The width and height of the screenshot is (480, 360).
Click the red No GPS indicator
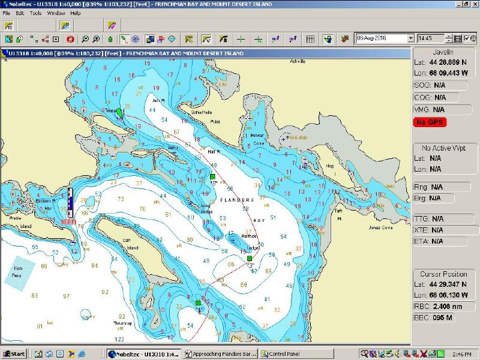(430, 122)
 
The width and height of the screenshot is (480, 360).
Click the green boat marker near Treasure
(119, 112)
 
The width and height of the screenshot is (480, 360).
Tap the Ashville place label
(298, 61)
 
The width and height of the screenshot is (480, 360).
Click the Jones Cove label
(380, 227)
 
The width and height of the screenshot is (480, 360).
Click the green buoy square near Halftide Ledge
(250, 259)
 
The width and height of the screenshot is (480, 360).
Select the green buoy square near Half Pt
(212, 176)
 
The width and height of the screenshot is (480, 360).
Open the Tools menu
(35, 13)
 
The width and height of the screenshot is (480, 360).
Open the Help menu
(75, 13)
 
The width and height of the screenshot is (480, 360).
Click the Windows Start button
(14, 353)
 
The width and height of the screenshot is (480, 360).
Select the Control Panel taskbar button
(285, 353)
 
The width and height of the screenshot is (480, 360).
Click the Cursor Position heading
(443, 274)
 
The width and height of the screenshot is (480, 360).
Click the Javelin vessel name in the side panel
(443, 52)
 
